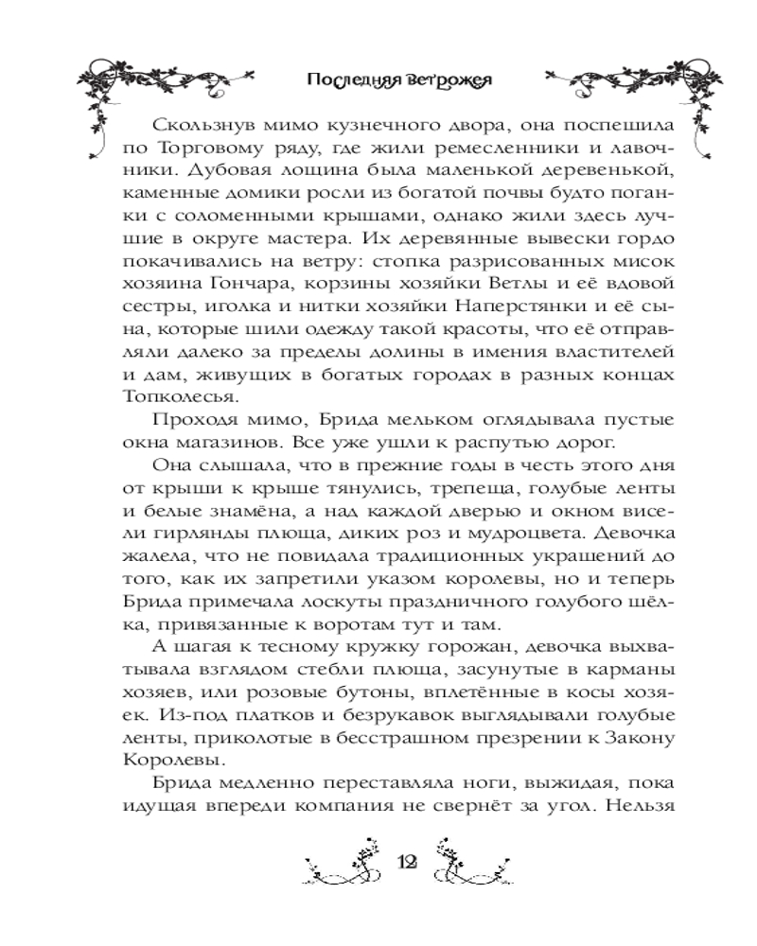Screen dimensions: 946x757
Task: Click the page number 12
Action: (409, 863)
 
